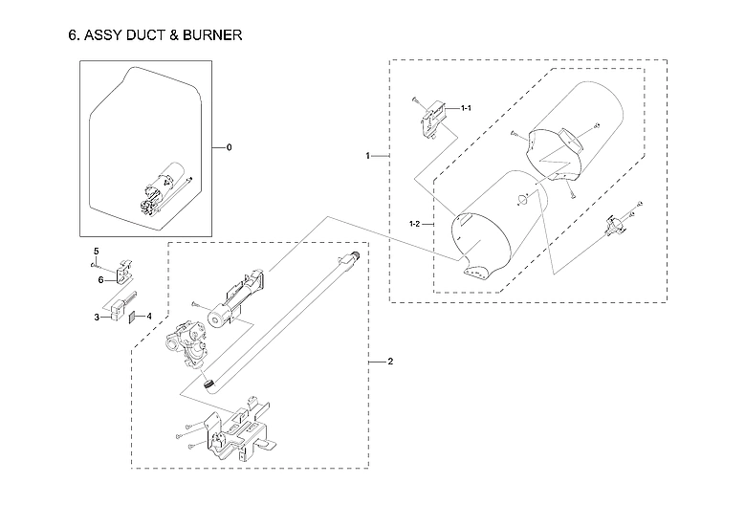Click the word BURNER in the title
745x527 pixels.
(206, 36)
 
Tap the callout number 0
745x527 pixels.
(229, 148)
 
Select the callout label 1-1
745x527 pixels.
(466, 109)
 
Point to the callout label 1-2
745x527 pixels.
(415, 223)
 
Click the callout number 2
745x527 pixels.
(389, 362)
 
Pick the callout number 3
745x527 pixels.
(97, 316)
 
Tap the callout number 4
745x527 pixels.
(149, 316)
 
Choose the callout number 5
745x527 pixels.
(96, 251)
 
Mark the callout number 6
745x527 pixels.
(99, 279)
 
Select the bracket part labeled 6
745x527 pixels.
(124, 271)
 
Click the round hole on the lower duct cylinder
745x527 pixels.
(522, 199)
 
